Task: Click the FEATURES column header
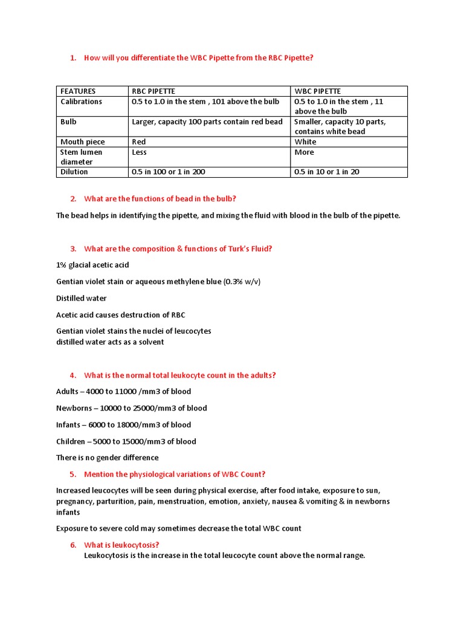coord(78,91)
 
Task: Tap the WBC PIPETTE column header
coord(318,91)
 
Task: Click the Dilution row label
coord(74,172)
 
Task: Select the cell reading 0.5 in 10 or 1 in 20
coord(327,172)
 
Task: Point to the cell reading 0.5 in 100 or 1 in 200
coord(169,172)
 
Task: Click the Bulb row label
coord(69,122)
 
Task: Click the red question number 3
coord(73,248)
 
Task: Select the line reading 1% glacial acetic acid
coord(92,265)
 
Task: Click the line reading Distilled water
coord(82,298)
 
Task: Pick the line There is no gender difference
coord(108,458)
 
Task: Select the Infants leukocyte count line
coord(123,424)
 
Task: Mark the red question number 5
coord(73,474)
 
